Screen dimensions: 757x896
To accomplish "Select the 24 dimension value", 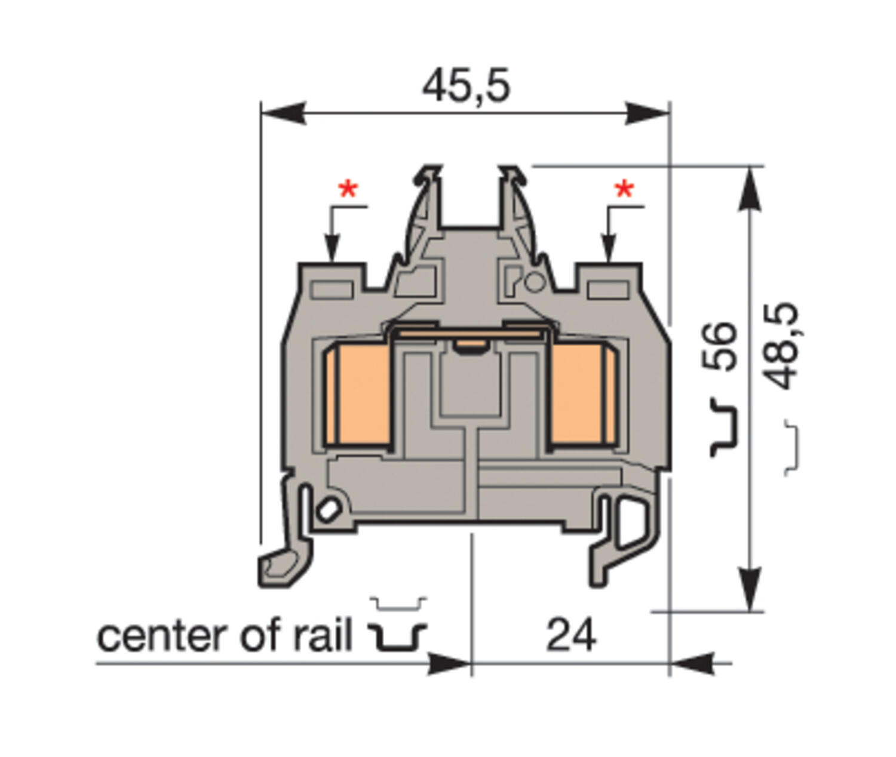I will tap(571, 635).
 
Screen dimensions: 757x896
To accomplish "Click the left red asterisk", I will tap(348, 190).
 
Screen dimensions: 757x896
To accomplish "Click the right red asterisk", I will tap(624, 190).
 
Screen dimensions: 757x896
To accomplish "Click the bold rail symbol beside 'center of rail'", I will tap(397, 637).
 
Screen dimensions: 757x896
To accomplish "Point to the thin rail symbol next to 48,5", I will tap(791, 448).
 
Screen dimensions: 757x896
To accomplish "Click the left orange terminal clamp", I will tap(357, 394).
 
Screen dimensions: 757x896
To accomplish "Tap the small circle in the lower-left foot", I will tap(328, 510).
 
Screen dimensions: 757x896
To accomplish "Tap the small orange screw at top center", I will tap(469, 345).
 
